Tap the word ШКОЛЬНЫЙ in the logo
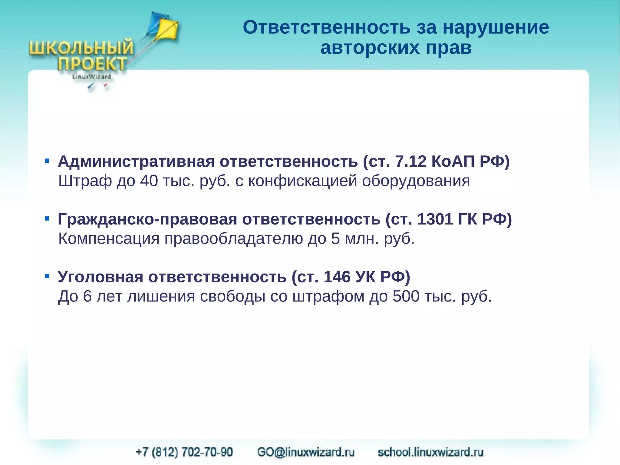(81, 48)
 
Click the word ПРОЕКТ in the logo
(92, 64)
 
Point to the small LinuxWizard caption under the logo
(91, 77)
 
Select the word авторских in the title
(370, 48)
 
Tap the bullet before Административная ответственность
(47, 161)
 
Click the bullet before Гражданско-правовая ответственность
(47, 218)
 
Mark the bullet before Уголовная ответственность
(47, 276)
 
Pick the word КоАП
(453, 161)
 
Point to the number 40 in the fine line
(149, 181)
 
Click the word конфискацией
(302, 181)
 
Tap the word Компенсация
(109, 239)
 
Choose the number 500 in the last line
(406, 296)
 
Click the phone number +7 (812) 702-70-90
(184, 452)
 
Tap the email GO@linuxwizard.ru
(306, 452)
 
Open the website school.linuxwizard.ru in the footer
(430, 452)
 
